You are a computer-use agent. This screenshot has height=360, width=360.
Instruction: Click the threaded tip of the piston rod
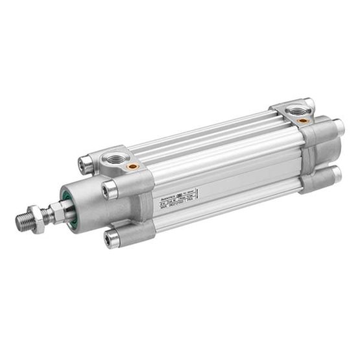pyautogui.click(x=25, y=221)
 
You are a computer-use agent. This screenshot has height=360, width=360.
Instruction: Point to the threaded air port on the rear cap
pyautogui.click(x=298, y=110)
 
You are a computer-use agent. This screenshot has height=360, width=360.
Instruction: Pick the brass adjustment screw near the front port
pyautogui.click(x=133, y=167)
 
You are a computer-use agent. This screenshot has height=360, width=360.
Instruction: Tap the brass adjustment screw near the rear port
pyautogui.click(x=302, y=120)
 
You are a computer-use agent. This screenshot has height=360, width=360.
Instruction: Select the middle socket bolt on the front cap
pyautogui.click(x=109, y=190)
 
